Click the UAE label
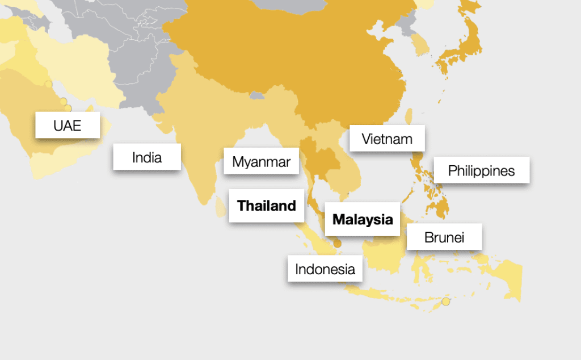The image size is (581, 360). tap(68, 125)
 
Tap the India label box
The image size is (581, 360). tap(147, 157)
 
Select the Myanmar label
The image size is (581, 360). tap(261, 162)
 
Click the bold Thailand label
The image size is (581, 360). tap(267, 206)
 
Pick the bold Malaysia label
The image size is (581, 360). tap(363, 219)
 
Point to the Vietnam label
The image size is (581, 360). tap(387, 138)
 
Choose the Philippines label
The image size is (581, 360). tap(481, 170)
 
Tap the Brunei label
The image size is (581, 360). tap(444, 237)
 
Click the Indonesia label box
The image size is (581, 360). tap(325, 269)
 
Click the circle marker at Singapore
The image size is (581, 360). tap(337, 244)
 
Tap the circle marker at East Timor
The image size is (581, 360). tap(446, 302)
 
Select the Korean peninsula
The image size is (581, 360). tap(420, 43)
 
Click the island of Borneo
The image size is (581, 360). tap(386, 253)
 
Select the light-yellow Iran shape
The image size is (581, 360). tap(85, 62)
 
